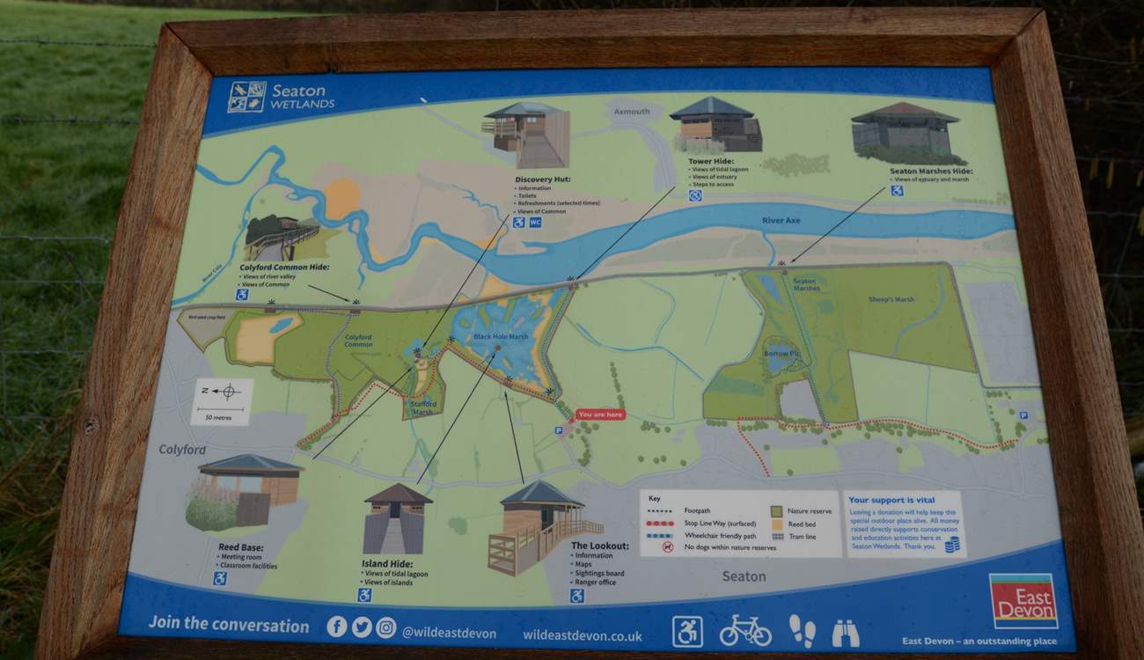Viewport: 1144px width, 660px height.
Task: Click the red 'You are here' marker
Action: (x=601, y=414)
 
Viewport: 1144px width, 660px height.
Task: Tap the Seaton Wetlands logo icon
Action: (x=246, y=97)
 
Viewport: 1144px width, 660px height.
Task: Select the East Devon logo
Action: (x=1023, y=601)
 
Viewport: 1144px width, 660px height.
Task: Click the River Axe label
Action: (x=781, y=220)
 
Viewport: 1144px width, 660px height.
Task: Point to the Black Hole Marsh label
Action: (x=501, y=337)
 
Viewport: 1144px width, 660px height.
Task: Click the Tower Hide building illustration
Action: (x=715, y=125)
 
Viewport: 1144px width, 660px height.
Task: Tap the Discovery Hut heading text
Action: (x=543, y=180)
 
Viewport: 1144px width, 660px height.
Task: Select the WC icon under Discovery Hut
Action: (x=535, y=223)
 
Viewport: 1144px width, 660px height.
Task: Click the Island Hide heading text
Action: (x=387, y=564)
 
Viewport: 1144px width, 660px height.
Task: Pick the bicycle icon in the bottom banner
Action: (x=744, y=631)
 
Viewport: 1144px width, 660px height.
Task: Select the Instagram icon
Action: (x=386, y=627)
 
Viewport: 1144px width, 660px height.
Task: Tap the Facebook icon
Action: (x=336, y=627)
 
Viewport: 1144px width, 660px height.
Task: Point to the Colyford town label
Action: (x=182, y=450)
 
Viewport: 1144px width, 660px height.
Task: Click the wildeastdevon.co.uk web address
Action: (x=582, y=634)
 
